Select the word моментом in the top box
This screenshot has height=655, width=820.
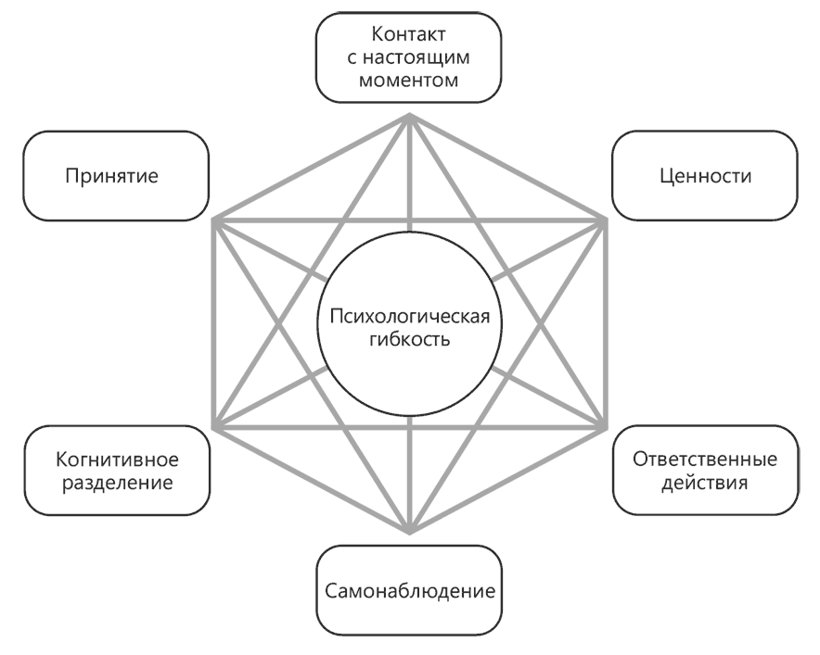409,81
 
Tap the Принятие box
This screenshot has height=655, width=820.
117,176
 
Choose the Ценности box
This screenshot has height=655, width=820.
703,176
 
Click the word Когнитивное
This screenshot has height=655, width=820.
117,460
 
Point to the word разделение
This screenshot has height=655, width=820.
117,483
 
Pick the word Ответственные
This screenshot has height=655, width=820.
704,460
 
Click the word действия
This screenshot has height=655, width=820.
704,483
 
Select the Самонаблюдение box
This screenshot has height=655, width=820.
409,590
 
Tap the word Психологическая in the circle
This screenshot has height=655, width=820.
409,318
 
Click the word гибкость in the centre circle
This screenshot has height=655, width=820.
409,340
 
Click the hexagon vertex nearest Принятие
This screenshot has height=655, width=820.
213,220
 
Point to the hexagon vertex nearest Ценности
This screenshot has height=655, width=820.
607,220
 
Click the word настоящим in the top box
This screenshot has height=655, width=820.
409,58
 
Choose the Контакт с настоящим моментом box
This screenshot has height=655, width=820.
409,57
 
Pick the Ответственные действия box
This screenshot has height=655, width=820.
704,471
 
